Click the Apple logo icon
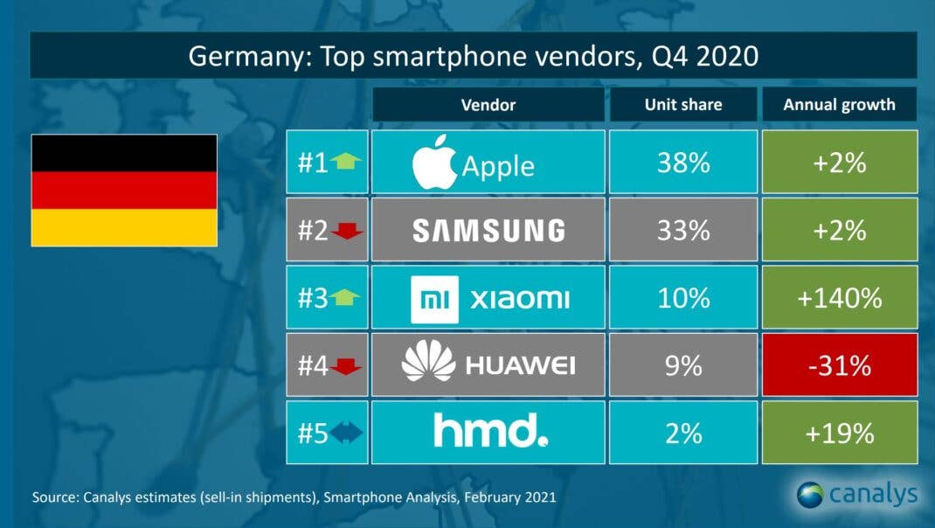pos(434,161)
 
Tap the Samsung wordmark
pos(488,230)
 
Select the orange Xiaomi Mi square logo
pos(434,299)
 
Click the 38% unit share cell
pos(683,162)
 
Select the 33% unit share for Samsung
pos(683,230)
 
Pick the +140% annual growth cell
pos(840,298)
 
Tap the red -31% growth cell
pos(840,365)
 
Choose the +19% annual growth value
pos(840,433)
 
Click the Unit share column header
pos(683,104)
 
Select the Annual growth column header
pos(839,104)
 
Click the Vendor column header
pos(488,104)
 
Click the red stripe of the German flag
pos(124,190)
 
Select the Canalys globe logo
pos(810,495)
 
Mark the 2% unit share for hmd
pos(683,433)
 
